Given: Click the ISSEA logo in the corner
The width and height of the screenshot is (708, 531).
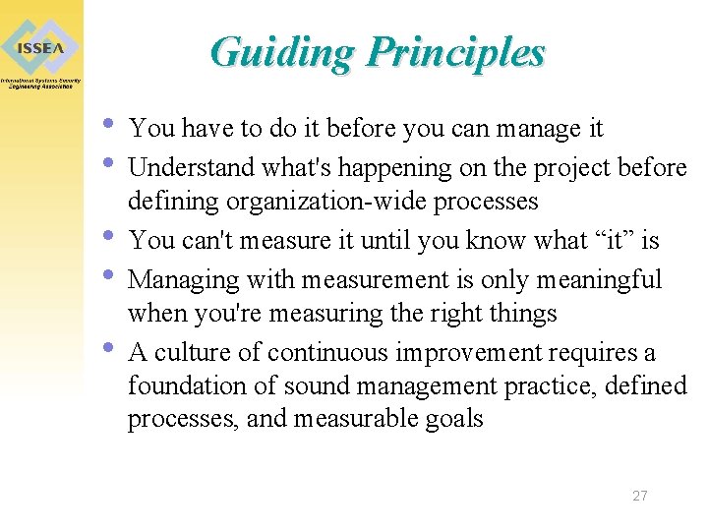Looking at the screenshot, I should coord(41,47).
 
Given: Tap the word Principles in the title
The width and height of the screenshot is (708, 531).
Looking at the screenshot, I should coord(454,52).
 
